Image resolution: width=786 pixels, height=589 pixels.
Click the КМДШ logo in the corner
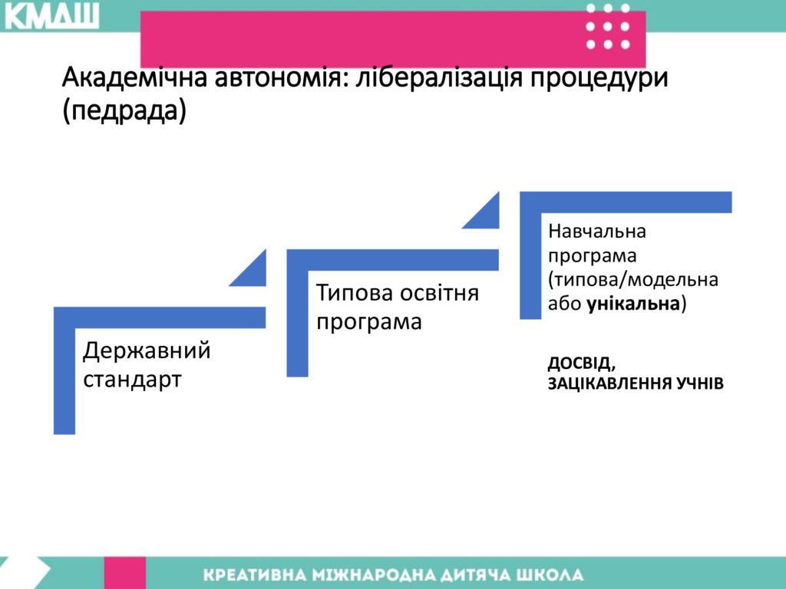pyautogui.click(x=51, y=16)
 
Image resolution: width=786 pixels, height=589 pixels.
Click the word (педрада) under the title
pyautogui.click(x=124, y=110)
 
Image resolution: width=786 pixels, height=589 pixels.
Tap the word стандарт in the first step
pyautogui.click(x=132, y=380)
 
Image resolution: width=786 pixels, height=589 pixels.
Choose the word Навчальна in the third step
pyautogui.click(x=597, y=232)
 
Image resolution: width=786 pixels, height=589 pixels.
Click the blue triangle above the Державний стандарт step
pyautogui.click(x=253, y=274)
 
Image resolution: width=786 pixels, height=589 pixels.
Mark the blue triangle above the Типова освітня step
pyautogui.click(x=486, y=216)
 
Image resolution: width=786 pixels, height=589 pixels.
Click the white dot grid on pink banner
pyautogui.click(x=608, y=27)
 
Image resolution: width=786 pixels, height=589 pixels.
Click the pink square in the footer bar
pyautogui.click(x=125, y=572)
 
